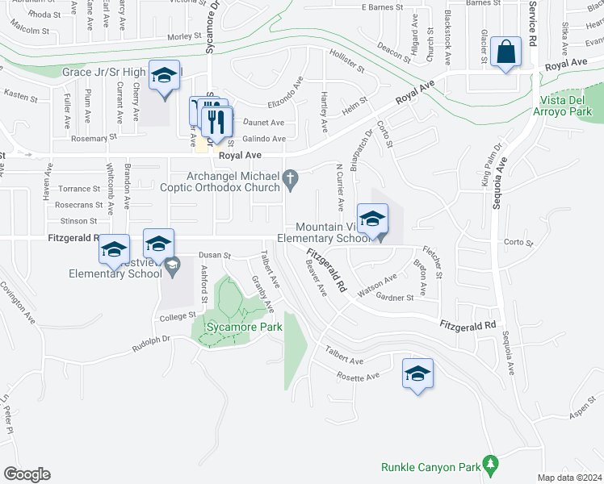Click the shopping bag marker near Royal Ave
coord(505,52)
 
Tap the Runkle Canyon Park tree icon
coord(489,465)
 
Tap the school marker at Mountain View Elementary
coord(372,219)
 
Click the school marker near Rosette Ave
coord(417,373)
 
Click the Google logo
coord(27,474)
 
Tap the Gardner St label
coord(395,297)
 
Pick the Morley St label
coord(183,37)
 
